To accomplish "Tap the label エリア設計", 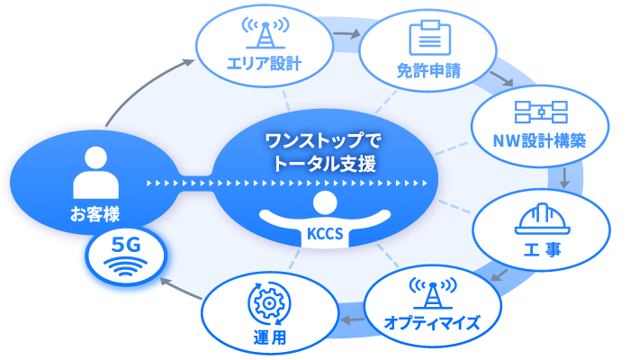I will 264,64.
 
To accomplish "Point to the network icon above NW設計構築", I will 540,112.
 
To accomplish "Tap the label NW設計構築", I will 540,141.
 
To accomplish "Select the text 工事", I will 541,248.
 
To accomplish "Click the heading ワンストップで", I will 323,141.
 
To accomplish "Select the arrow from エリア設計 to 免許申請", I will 344,37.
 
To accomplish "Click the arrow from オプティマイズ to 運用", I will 353,319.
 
